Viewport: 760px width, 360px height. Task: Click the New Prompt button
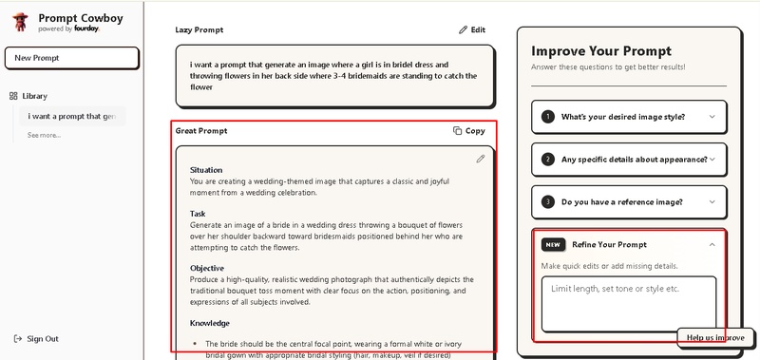72,58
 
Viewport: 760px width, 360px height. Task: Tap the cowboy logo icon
20,22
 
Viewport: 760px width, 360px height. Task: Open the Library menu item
28,96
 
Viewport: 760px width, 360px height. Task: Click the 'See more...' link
44,135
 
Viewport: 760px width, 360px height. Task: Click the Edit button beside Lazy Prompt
471,30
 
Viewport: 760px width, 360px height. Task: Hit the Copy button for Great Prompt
468,131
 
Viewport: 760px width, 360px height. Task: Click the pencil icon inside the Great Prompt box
481,159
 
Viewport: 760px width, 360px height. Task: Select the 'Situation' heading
206,170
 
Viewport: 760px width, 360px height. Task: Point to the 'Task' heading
198,214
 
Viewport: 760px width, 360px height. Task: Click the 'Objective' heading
207,269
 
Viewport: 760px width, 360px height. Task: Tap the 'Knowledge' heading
210,323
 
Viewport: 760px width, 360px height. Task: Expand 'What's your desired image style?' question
629,117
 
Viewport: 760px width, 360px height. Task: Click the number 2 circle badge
548,160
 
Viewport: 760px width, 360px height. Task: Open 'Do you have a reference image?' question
629,202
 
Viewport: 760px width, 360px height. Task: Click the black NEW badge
554,245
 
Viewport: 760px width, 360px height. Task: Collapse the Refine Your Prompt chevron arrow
712,245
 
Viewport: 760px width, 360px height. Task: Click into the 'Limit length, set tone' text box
629,304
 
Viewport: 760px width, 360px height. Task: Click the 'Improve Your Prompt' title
601,51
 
